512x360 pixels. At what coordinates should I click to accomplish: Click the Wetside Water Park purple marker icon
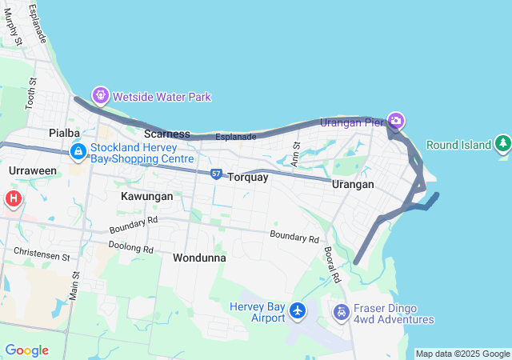[100, 97]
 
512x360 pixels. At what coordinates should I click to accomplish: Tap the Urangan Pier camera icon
[395, 122]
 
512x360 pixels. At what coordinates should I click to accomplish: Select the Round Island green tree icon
[502, 144]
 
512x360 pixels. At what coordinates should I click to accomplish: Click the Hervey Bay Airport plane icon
[298, 310]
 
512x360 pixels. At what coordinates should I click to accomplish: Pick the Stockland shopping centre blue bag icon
[78, 150]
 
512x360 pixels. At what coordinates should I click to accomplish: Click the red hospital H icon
[13, 198]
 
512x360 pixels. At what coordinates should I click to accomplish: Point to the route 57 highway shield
[217, 174]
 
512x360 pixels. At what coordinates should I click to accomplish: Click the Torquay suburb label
[248, 178]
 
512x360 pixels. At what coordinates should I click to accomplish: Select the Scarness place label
[166, 133]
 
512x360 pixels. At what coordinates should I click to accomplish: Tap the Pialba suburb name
[64, 132]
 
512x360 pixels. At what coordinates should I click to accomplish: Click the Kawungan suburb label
[147, 196]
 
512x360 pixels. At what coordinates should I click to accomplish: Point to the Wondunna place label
[199, 258]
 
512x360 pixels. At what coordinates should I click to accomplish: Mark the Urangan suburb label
[353, 184]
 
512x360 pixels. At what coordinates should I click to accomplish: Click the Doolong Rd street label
[130, 248]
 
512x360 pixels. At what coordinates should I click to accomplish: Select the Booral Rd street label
[333, 265]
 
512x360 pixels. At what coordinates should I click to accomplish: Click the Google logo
[26, 350]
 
